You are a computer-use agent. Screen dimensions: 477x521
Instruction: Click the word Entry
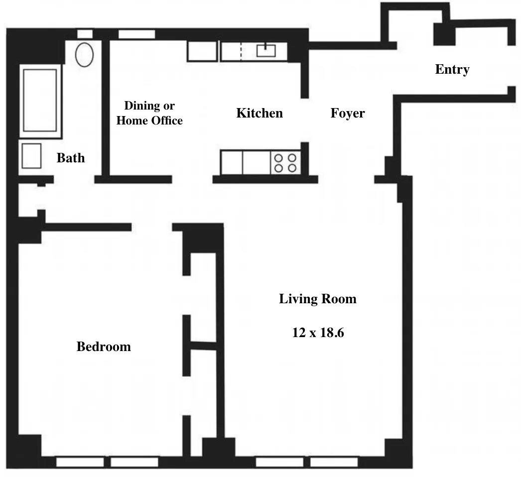pos(452,70)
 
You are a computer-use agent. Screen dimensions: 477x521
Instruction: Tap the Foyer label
pos(347,114)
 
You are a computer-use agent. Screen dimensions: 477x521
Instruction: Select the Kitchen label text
pos(259,114)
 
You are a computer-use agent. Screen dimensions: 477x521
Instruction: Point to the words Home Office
pos(149,120)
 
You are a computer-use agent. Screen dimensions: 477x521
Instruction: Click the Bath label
pos(70,158)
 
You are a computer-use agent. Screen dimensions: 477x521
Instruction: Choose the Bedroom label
pos(104,347)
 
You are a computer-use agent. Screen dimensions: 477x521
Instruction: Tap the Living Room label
pos(317,299)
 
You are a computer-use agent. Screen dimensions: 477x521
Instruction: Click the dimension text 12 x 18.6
pos(318,333)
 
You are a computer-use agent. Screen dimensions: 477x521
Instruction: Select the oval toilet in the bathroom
pos(85,54)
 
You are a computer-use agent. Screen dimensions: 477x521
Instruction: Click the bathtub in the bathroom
pos(40,101)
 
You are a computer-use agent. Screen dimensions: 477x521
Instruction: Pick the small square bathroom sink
pos(30,156)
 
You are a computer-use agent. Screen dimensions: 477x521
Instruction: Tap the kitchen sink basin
pos(266,50)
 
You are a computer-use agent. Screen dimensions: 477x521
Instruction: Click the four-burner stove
pos(285,162)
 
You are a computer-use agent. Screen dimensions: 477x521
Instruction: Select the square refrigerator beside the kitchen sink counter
pos(202,51)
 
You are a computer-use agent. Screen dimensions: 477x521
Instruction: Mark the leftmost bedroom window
pos(80,462)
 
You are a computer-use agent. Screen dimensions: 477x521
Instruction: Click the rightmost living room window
pos(334,462)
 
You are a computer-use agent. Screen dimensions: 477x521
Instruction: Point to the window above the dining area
pos(136,34)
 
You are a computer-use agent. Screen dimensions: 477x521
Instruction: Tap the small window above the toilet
pos(85,34)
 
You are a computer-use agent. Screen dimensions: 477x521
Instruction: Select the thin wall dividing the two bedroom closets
pos(203,345)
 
